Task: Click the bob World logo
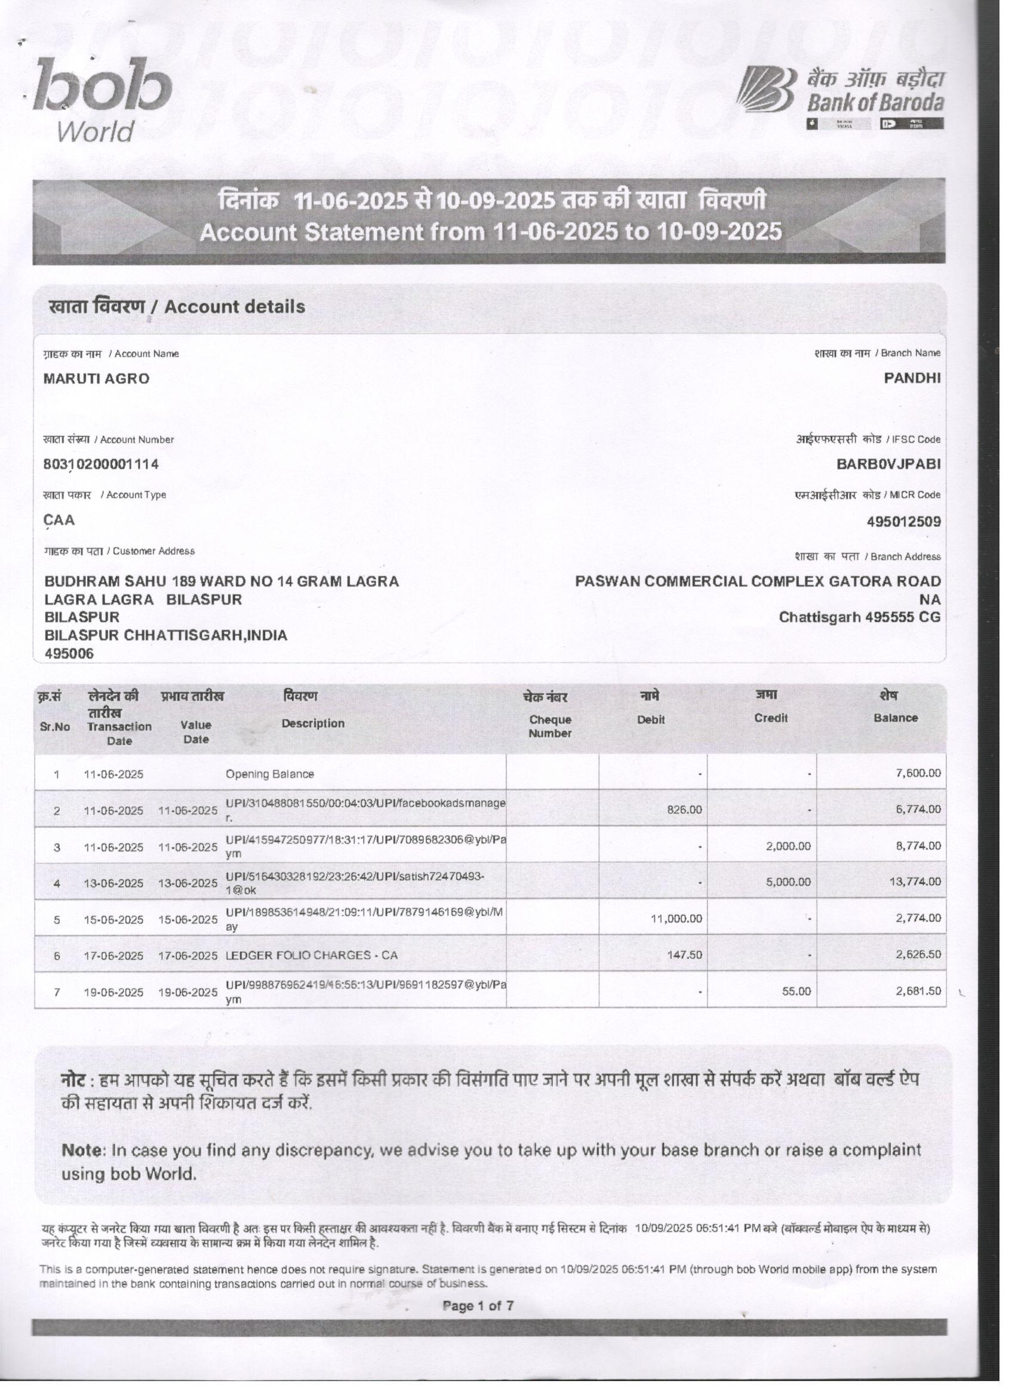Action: (x=101, y=99)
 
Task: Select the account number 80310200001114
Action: (x=100, y=464)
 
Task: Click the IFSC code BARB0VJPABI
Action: (x=888, y=464)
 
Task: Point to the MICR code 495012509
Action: (x=903, y=521)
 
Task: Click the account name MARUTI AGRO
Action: (x=96, y=379)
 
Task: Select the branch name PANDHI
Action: (x=912, y=378)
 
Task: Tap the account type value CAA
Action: (x=59, y=520)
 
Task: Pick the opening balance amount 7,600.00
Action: (x=918, y=773)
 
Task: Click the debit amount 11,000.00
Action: (x=676, y=918)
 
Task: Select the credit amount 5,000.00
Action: (x=788, y=882)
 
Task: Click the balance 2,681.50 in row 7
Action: (x=918, y=991)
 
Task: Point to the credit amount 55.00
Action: (x=796, y=992)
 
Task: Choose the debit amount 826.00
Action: (x=684, y=810)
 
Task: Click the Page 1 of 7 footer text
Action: (x=478, y=1306)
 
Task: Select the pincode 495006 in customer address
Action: (x=69, y=654)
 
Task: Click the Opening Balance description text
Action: (x=270, y=774)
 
